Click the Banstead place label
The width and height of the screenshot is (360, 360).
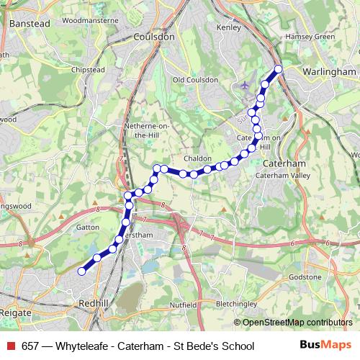tap(30, 23)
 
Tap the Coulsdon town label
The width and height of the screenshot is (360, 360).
tap(154, 37)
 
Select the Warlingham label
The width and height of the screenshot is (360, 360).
tap(330, 72)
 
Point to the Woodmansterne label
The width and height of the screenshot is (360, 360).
tap(90, 21)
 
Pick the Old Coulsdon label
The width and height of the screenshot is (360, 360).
tap(195, 79)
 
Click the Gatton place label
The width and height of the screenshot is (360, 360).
tap(86, 226)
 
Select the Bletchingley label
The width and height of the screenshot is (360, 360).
tap(236, 303)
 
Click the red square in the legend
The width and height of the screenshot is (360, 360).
tap(10, 346)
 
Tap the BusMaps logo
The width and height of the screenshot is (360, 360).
tap(321, 346)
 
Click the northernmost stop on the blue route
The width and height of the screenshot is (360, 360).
tap(279, 69)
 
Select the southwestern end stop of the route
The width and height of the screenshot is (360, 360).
tap(81, 271)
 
